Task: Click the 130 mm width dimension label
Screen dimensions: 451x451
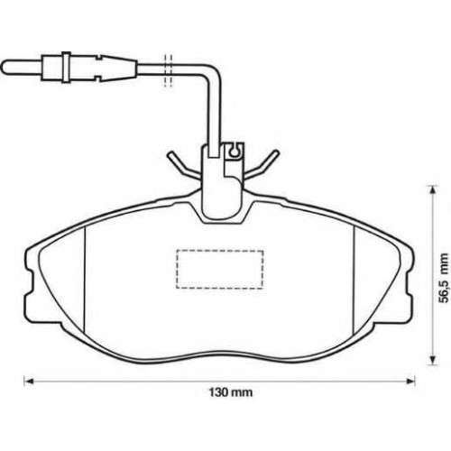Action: coord(231,392)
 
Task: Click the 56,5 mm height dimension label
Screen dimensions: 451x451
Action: coord(443,278)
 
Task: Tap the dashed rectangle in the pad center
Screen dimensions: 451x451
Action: coord(220,270)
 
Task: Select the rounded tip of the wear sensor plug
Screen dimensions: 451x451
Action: coord(6,67)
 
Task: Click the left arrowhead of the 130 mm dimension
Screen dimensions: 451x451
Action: coord(28,382)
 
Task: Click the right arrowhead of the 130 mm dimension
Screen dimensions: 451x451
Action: coord(410,382)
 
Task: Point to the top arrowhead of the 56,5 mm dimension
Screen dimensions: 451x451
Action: coord(432,190)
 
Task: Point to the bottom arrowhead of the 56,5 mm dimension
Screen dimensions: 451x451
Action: coord(432,361)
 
